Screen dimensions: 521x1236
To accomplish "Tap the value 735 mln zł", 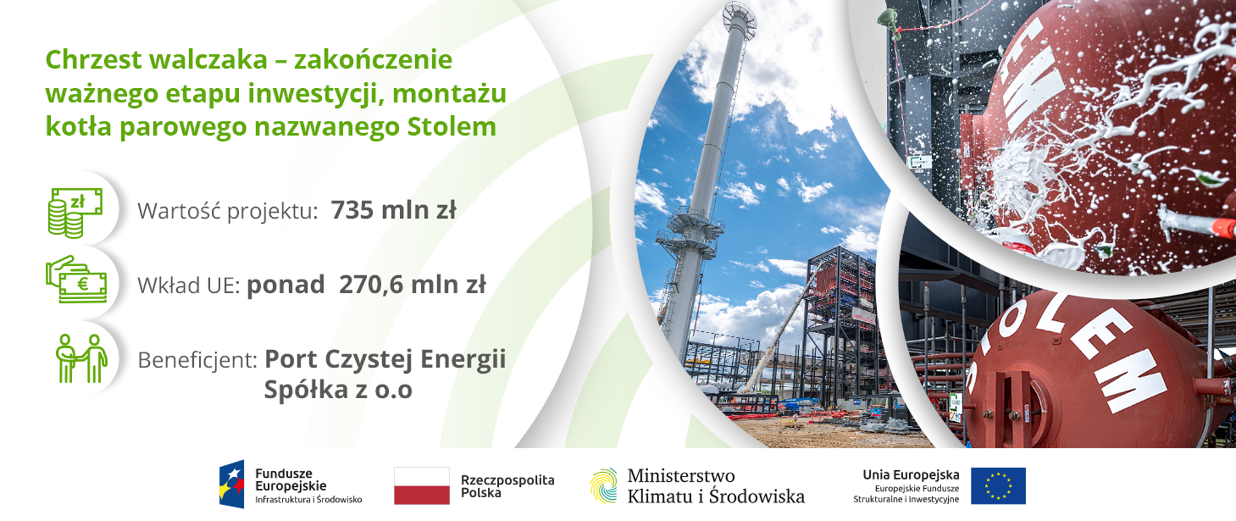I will pyautogui.click(x=393, y=210).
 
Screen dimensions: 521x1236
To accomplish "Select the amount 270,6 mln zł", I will pyautogui.click(x=412, y=285).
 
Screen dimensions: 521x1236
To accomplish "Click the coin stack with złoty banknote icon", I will pyautogui.click(x=75, y=212).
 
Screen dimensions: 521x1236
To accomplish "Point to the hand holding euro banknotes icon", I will pyautogui.click(x=76, y=280).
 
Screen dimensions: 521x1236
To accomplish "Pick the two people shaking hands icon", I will pyautogui.click(x=81, y=358).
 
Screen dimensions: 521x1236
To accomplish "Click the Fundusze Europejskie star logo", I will pyautogui.click(x=232, y=484).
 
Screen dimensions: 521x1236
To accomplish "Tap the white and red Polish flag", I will pyautogui.click(x=422, y=486).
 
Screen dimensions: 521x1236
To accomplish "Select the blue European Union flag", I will pyautogui.click(x=998, y=486).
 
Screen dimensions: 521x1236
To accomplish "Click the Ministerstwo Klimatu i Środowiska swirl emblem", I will pyautogui.click(x=603, y=486).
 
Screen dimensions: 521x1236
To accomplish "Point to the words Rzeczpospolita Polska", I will pyautogui.click(x=507, y=486).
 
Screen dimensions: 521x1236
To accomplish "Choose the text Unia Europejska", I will pyautogui.click(x=910, y=475).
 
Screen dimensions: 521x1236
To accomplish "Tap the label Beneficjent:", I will pyautogui.click(x=198, y=360).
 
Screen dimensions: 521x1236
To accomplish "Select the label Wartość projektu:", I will pyautogui.click(x=227, y=211).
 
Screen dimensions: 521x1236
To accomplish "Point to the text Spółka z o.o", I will pyautogui.click(x=338, y=390).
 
